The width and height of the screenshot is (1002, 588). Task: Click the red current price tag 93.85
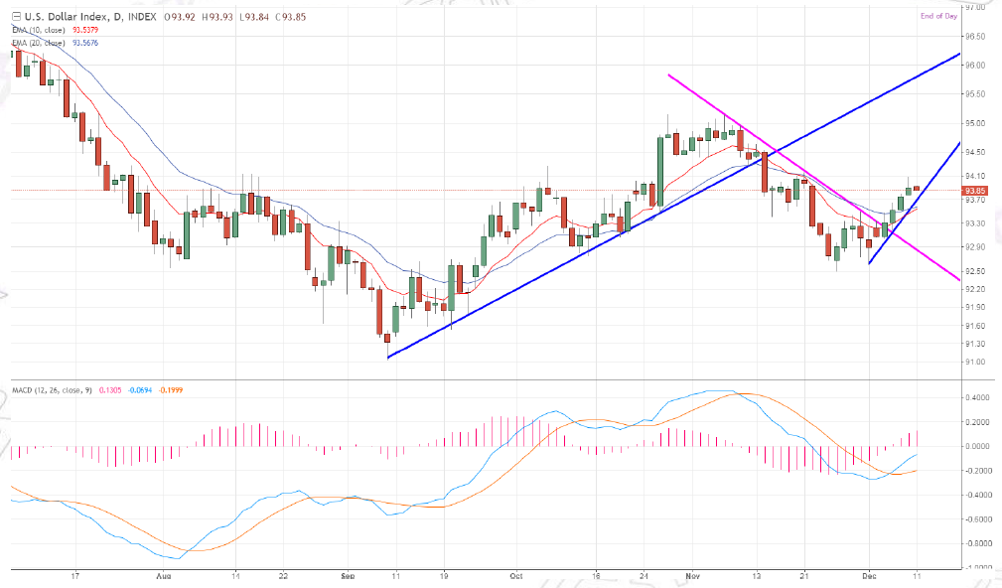click(x=975, y=190)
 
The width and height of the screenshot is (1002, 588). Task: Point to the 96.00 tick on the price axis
click(x=975, y=65)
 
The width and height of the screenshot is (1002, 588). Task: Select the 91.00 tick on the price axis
click(x=975, y=362)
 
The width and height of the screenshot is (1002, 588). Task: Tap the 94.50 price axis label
click(x=975, y=152)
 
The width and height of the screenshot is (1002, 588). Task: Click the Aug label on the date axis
click(x=165, y=575)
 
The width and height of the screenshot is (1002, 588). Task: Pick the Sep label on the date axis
click(x=347, y=575)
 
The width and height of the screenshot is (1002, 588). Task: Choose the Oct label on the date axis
click(x=515, y=575)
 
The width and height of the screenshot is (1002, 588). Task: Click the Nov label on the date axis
click(x=692, y=575)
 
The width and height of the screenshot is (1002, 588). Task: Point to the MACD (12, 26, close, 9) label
click(x=51, y=389)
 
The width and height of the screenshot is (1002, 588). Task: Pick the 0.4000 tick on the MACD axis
click(x=975, y=397)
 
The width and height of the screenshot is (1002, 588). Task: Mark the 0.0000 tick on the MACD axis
click(x=975, y=446)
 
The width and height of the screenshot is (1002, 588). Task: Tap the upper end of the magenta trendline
click(x=669, y=75)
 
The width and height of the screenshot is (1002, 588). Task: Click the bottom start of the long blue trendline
click(x=388, y=357)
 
